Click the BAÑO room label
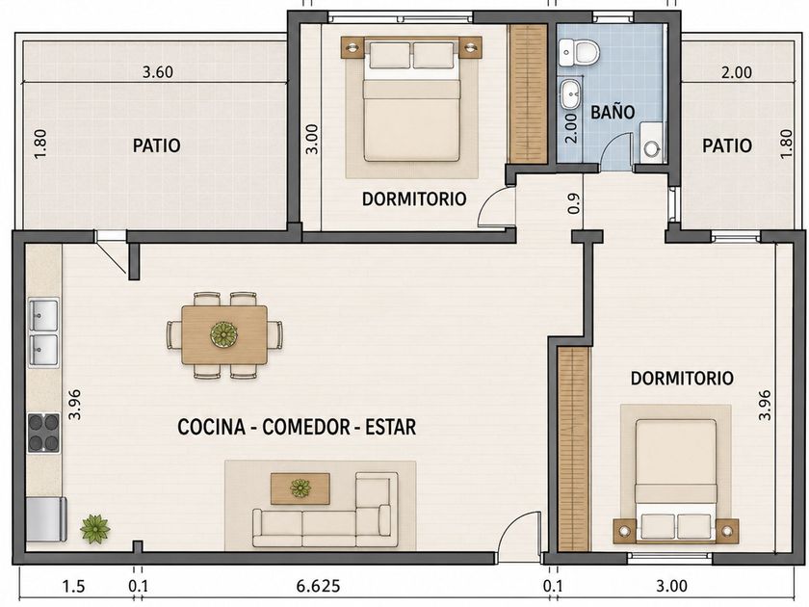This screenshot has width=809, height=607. (613, 111)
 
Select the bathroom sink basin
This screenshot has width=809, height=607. (570, 94)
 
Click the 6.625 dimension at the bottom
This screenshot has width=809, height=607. (318, 587)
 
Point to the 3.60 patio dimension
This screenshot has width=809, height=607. (158, 71)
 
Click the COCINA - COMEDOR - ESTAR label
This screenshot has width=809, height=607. (297, 427)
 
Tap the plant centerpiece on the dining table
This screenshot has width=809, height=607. (223, 334)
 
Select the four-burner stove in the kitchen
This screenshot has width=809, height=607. (43, 433)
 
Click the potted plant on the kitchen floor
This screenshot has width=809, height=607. (95, 529)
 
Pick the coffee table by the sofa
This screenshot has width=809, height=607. (300, 488)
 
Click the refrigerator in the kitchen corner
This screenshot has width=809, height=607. (46, 519)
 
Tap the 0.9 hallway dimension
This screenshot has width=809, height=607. (574, 203)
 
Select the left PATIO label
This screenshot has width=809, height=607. (157, 145)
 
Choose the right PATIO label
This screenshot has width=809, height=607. (727, 145)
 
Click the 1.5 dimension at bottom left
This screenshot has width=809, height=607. (73, 587)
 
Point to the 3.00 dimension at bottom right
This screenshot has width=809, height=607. (672, 587)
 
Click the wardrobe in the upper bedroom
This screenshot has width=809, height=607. (528, 94)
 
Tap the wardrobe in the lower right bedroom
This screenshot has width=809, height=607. (574, 449)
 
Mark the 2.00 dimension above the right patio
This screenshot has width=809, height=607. (736, 71)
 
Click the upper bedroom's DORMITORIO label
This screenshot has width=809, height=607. (414, 198)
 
